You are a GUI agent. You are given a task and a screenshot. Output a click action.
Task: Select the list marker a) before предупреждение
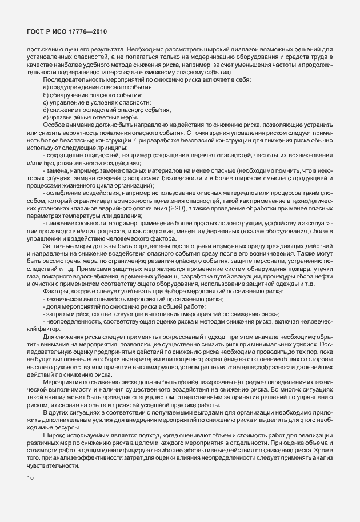pos(46,86)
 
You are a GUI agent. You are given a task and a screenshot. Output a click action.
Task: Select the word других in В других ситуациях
pos(60,412)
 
